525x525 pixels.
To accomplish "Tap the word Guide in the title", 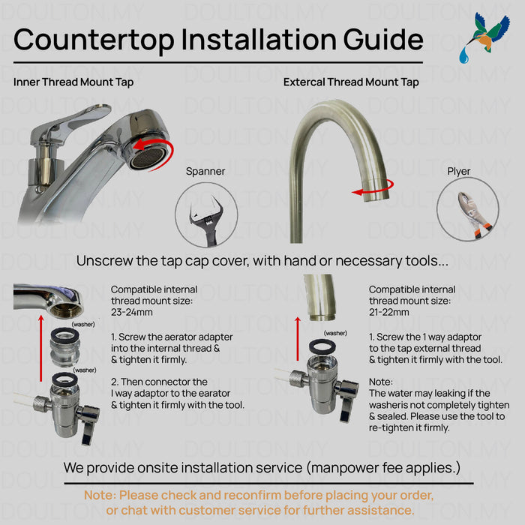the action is pos(383,40).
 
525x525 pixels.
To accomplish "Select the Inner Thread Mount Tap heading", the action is pos(73,82).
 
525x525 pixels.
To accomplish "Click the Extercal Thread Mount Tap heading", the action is pos(351,82).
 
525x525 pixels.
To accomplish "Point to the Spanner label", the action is pos(205,172).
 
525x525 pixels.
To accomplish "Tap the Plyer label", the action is pos(459,172).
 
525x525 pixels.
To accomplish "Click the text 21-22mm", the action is pos(389,313).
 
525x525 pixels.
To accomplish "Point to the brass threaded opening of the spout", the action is pos(66,308).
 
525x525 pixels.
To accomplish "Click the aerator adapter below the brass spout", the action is pos(64,347).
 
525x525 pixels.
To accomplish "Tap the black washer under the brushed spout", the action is pos(322,346).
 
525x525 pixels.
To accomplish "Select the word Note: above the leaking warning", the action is pos(381,382).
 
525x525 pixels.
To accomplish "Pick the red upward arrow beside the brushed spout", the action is pos(298,339).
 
